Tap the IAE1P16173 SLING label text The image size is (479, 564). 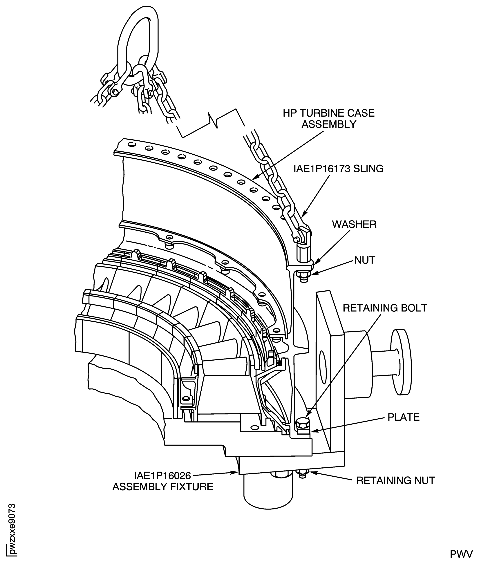[x=338, y=169]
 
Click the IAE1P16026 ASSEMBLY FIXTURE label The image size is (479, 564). [x=163, y=481]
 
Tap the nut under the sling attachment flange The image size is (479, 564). [x=303, y=277]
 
